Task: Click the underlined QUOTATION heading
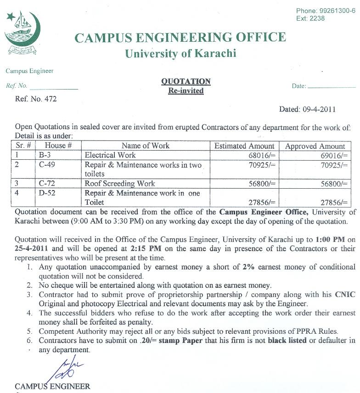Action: tap(186, 82)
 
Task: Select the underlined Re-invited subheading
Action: tap(186, 91)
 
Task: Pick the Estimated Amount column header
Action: tap(244, 146)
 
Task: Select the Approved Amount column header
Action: tap(315, 146)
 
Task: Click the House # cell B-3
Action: tap(45, 155)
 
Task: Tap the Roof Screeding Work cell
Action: tap(120, 184)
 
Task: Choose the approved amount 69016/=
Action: tap(334, 156)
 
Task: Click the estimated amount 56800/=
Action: tap(262, 184)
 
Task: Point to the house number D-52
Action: tap(47, 193)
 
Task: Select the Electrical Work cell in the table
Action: tap(110, 155)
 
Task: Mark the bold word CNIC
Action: tap(344, 294)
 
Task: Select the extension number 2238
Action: tap(317, 18)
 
